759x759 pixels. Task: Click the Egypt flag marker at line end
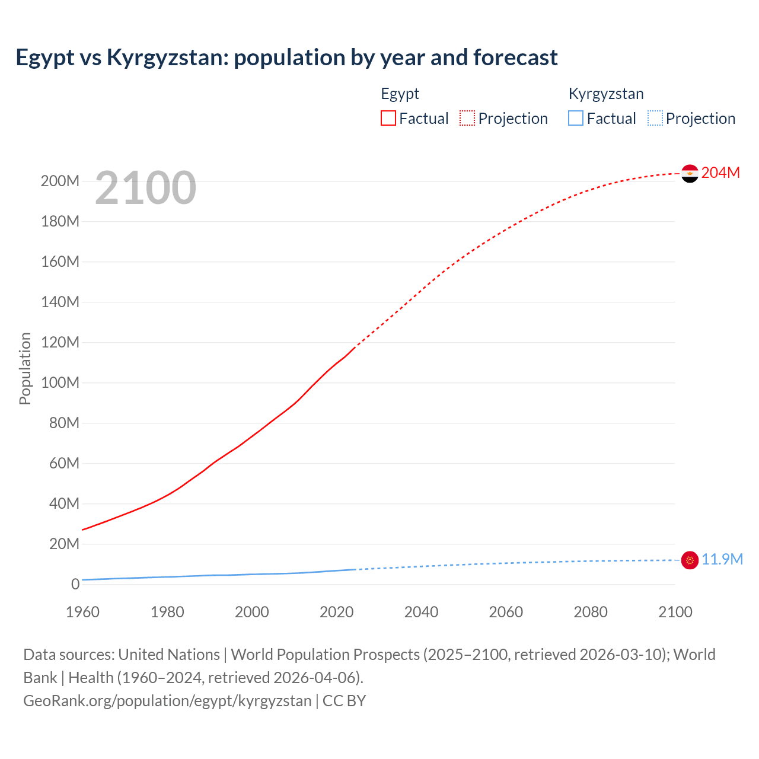pos(690,173)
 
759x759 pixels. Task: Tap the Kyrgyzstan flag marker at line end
pos(690,560)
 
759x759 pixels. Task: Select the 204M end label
pos(720,173)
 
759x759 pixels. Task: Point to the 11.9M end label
pos(722,560)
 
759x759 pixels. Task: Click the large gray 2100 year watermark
pos(145,187)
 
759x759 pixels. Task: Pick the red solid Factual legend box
pos(388,118)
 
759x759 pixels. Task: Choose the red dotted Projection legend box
pos(467,118)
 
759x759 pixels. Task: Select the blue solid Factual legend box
pos(576,118)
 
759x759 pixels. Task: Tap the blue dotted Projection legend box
pos(655,118)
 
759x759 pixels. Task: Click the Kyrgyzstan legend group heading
pos(605,94)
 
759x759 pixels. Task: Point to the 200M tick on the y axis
pos(60,181)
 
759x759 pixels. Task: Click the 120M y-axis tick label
pos(60,342)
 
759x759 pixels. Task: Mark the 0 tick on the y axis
pos(75,584)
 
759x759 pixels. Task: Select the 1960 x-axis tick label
pos(82,612)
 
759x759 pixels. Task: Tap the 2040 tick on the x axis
pos(421,612)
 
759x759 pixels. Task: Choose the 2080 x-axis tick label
pos(591,612)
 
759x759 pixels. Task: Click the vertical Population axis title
pos(25,368)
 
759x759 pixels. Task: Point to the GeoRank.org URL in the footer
pos(167,700)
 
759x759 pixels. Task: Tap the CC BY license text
pos(344,700)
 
